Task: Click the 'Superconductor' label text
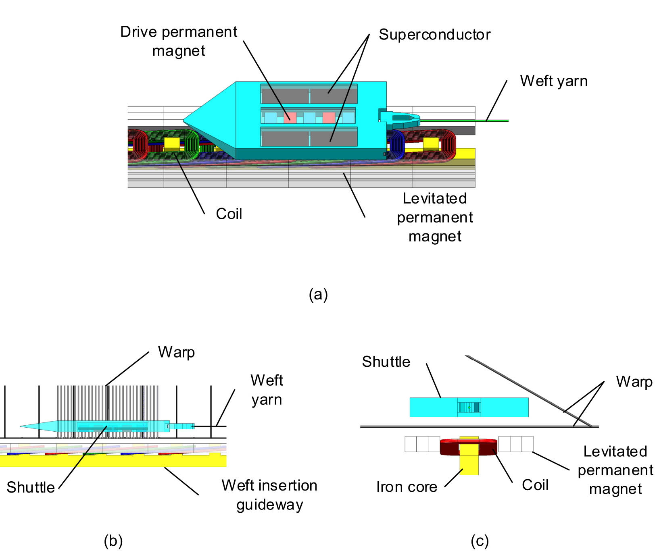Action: point(434,35)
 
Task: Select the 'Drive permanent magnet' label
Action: point(179,41)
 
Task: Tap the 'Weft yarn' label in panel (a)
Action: point(553,81)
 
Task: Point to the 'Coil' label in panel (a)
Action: point(229,214)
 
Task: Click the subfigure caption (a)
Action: point(318,294)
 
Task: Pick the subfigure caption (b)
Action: point(113,541)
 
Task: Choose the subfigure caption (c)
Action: point(480,541)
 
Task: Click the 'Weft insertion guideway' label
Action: point(269,495)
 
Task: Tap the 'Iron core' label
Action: point(407,487)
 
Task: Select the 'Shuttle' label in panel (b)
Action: point(31,487)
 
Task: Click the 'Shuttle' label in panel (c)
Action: point(386,362)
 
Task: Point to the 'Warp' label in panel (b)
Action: point(176,352)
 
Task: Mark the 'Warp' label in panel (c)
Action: point(634,381)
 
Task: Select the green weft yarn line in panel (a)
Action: point(464,120)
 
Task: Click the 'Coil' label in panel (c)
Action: point(535,485)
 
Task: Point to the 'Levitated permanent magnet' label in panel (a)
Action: point(435,217)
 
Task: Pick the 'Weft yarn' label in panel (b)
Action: point(267,390)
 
